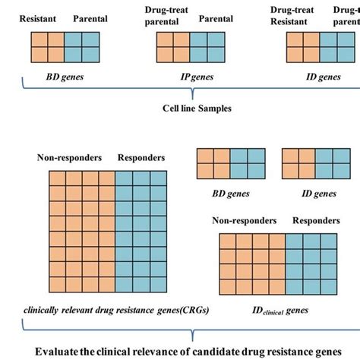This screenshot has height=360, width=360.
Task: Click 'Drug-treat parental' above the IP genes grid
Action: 166,16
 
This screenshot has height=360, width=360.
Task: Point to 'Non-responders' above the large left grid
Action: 68,158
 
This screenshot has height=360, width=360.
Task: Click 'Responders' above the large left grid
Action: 141,158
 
